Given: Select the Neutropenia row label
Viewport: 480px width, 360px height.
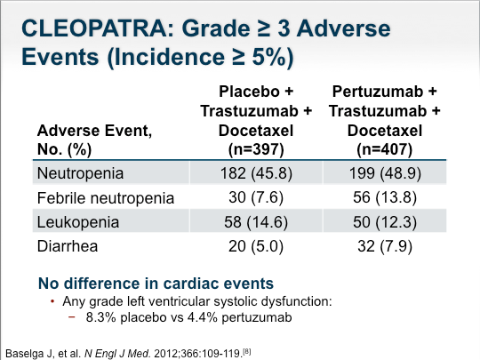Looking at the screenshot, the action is point(80,173).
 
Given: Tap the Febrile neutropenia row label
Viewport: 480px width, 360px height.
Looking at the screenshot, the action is point(106,197).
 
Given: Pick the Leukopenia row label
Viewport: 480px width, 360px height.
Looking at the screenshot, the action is point(78,222).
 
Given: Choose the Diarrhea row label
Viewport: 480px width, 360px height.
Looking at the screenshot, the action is point(68,246).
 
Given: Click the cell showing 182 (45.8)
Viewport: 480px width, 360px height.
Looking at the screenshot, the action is point(256,173).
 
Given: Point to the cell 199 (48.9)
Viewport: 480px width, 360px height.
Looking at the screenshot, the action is point(385,173).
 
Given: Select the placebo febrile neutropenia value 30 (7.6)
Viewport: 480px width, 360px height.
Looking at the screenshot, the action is point(256,197).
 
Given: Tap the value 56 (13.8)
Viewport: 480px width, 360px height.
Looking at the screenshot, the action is point(385,197).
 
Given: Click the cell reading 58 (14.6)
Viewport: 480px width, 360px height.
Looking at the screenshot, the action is point(256,222).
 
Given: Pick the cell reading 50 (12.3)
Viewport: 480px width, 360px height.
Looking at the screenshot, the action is point(385,222).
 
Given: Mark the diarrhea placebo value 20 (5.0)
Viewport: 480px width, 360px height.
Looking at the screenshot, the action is point(256,246).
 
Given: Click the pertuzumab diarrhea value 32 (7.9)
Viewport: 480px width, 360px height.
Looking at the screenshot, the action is point(385,246).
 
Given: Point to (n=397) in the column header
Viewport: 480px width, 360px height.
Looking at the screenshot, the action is point(256,149).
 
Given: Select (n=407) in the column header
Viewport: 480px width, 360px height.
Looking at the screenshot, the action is point(385,149).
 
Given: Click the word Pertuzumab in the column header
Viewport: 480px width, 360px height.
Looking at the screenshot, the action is point(378,92).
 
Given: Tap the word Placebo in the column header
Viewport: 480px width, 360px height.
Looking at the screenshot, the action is point(249,92).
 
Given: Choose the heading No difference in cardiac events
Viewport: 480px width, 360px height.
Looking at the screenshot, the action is point(156,284).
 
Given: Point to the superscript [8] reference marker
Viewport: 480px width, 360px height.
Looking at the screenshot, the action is point(247,352).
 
